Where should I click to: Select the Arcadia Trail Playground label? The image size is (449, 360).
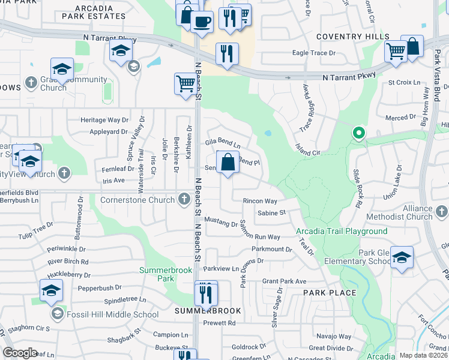coord(342,231)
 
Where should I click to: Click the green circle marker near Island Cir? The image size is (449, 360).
coord(358,133)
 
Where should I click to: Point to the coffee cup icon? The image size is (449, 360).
coord(202,22)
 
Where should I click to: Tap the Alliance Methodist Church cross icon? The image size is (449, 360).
coord(442,211)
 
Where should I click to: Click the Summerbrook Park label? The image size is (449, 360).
coord(165,274)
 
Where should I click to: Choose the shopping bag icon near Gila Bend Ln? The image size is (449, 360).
coord(228,162)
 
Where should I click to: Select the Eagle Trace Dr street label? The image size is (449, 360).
coord(314,53)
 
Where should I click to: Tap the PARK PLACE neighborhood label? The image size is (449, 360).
coord(330,293)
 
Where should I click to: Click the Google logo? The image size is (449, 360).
coord(20,353)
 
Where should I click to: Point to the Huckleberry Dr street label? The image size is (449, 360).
coord(70,275)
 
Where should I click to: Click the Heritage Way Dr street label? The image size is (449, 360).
coord(105,120)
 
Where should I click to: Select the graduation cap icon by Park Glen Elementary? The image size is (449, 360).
coord(402,257)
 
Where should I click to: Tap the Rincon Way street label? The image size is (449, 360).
coord(260,201)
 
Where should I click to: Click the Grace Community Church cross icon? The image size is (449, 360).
coord(31,81)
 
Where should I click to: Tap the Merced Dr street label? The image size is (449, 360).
coord(401,118)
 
